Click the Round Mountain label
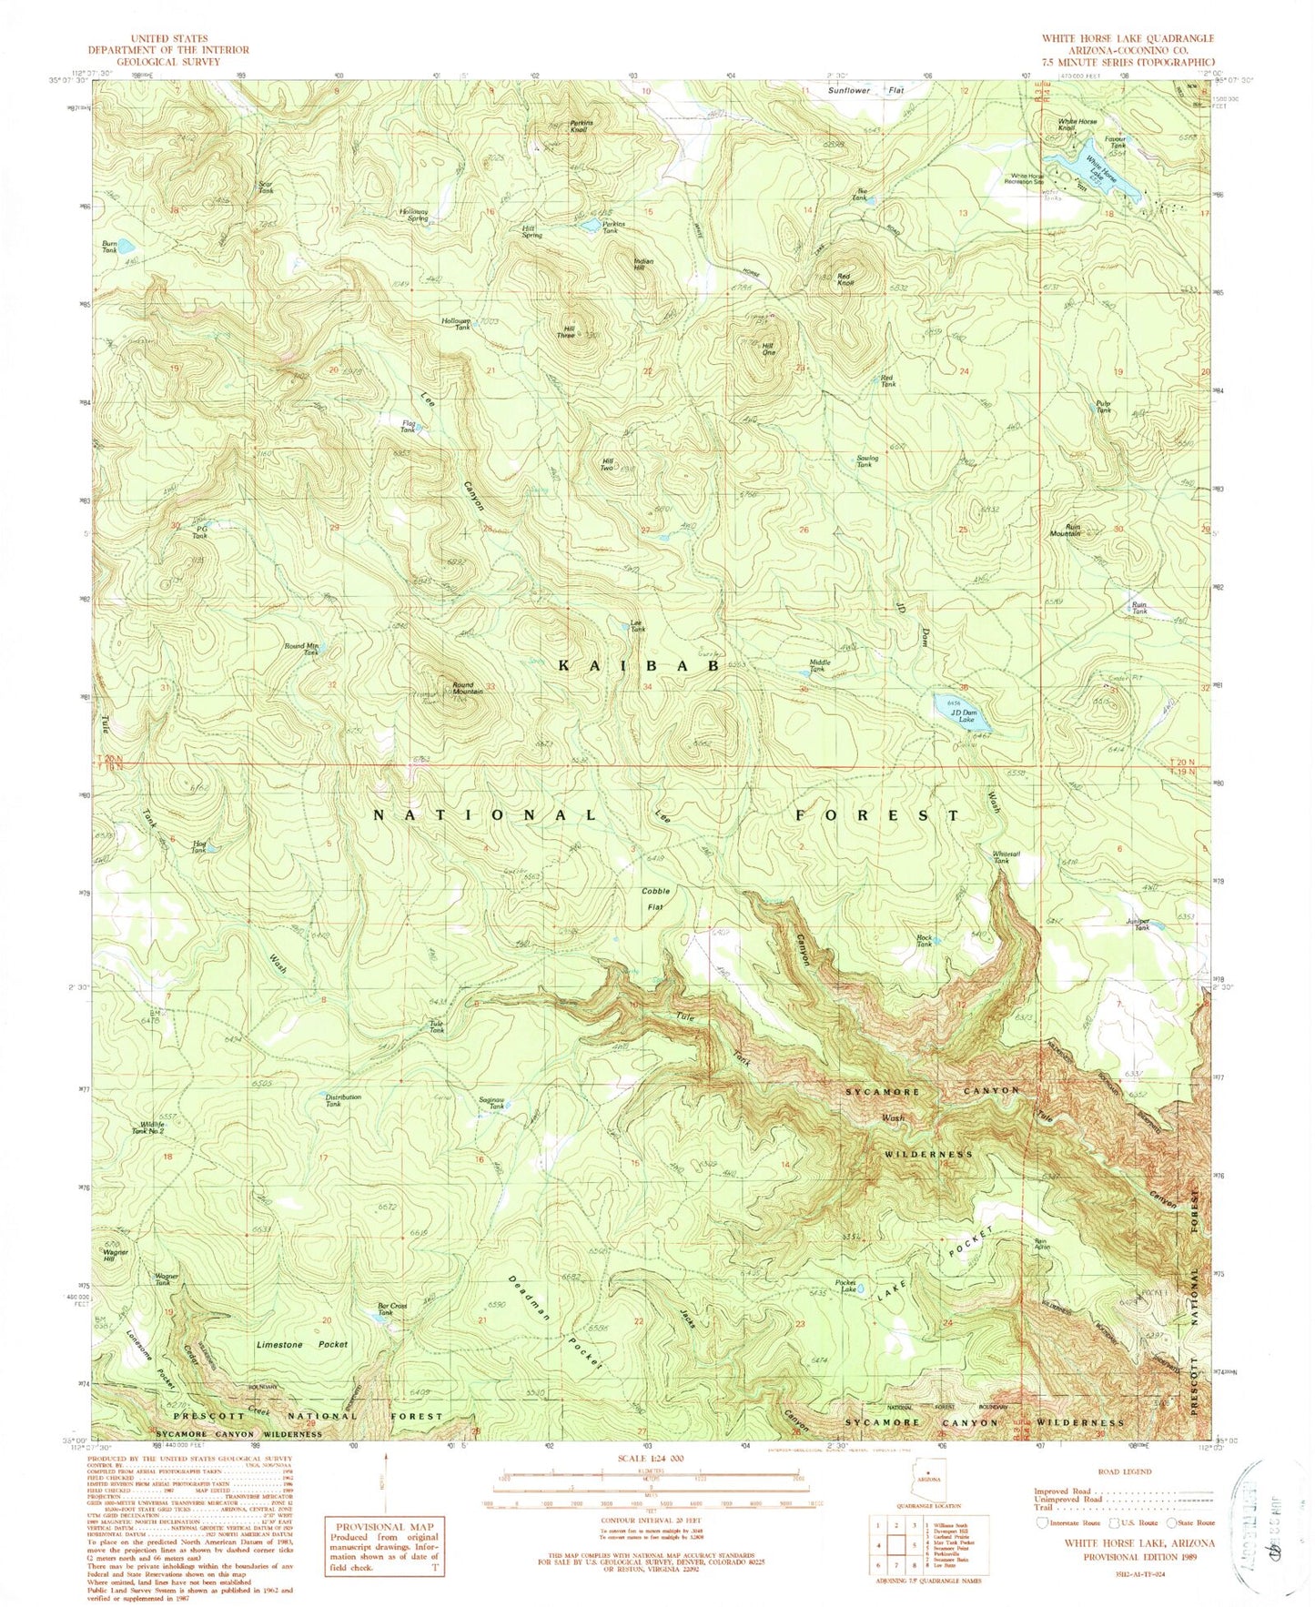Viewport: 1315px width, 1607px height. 468,688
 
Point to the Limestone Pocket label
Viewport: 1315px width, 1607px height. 302,1344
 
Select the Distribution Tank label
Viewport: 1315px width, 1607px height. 343,1100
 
